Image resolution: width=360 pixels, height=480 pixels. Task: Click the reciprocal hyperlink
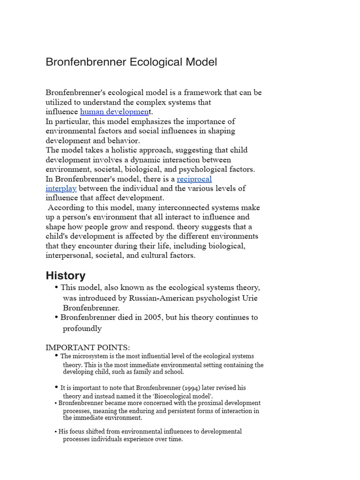point(194,179)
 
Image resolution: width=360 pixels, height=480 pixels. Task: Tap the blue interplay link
point(61,188)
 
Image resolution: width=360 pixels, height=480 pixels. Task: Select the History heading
point(66,276)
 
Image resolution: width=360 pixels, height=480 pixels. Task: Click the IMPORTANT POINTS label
point(88,347)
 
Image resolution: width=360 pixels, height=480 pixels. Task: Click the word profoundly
point(82,328)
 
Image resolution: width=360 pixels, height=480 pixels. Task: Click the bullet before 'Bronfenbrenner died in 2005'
point(56,317)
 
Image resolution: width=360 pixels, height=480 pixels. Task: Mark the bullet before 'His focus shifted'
point(56,432)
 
